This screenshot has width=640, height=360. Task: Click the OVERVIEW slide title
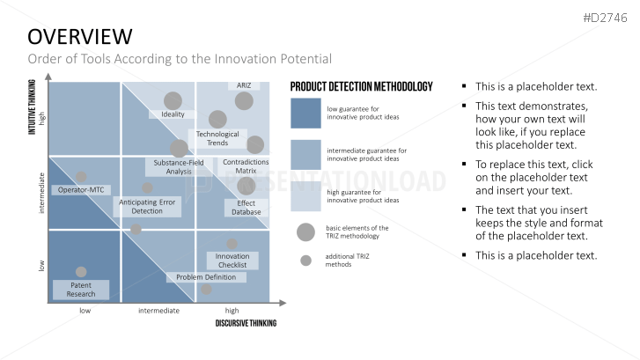[x=80, y=37]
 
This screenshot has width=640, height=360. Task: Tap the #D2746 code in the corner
[x=605, y=18]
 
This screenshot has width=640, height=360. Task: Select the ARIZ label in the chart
[x=244, y=85]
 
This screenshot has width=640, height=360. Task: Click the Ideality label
[x=173, y=114]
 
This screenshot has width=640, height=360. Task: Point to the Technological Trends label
[x=217, y=138]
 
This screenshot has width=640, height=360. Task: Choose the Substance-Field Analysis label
[x=179, y=167]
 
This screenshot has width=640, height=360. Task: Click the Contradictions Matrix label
[x=246, y=166]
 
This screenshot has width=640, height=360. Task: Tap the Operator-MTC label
[x=81, y=190]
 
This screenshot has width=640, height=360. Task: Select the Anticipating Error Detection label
[x=147, y=207]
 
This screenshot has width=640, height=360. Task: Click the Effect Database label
[x=246, y=208]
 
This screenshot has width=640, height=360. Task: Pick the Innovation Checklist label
[x=232, y=261]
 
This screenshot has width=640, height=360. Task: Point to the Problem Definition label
[x=206, y=277]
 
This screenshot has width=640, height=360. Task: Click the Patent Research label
[x=81, y=290]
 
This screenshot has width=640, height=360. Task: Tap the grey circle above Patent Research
[x=81, y=272]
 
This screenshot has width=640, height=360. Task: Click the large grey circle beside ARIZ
[x=244, y=101]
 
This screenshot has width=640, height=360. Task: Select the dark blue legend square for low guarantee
[x=305, y=113]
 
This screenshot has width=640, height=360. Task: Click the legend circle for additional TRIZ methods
[x=305, y=261]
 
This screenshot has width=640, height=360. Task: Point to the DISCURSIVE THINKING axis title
[x=246, y=323]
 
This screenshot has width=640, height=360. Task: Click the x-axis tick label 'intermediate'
[x=158, y=311]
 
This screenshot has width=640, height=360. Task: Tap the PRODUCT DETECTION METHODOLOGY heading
[x=361, y=86]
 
